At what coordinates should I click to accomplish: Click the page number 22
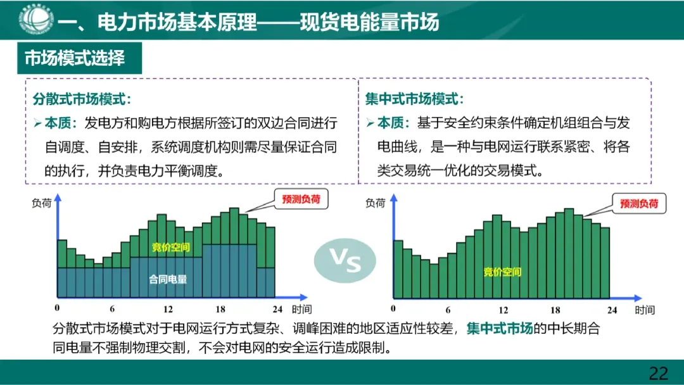[659, 372]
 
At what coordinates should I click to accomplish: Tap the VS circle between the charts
[345, 260]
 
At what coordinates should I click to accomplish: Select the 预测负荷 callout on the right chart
[639, 203]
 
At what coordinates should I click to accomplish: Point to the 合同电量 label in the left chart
[168, 279]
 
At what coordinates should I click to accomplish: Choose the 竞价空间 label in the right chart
[502, 272]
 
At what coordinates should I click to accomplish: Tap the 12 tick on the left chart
[168, 309]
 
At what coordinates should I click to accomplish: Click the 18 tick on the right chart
[555, 310]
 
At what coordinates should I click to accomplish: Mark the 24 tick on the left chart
[275, 309]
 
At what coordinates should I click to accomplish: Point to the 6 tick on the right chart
[448, 310]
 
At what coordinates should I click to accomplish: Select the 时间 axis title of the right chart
[644, 310]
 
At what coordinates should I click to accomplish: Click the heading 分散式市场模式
[81, 99]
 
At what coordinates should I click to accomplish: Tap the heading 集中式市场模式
[414, 99]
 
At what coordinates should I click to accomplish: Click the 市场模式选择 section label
[75, 58]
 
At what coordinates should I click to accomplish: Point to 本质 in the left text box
[61, 122]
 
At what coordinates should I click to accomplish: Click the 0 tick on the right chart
[394, 309]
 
